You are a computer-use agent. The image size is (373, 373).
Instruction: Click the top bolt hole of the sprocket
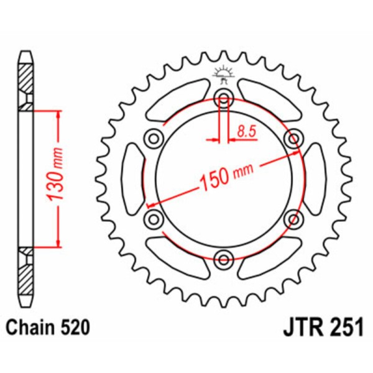point(224,97)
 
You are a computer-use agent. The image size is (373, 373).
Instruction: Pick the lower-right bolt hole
point(293,218)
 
